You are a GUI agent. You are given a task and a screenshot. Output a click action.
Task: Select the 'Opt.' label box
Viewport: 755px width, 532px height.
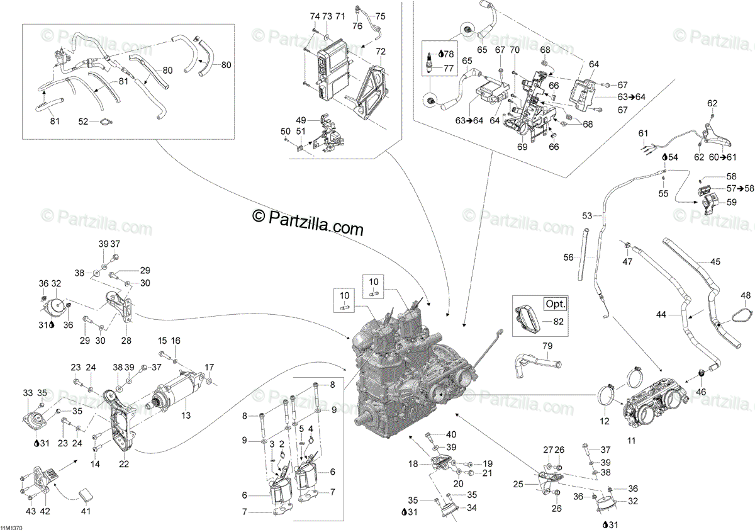pyautogui.click(x=555, y=303)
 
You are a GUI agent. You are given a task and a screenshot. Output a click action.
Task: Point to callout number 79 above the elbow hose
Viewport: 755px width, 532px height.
pyautogui.click(x=547, y=346)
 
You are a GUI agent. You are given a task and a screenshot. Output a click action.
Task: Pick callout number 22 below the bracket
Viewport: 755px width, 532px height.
pyautogui.click(x=123, y=465)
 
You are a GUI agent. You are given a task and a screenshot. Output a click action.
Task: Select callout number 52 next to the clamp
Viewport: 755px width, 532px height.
pyautogui.click(x=83, y=122)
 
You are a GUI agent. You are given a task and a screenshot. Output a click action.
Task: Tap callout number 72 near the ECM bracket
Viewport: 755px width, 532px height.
pyautogui.click(x=381, y=50)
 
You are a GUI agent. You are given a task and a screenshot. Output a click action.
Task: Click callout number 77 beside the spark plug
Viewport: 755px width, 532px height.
pyautogui.click(x=448, y=69)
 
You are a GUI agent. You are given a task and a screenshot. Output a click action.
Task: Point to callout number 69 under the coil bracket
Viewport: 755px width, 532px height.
pyautogui.click(x=522, y=147)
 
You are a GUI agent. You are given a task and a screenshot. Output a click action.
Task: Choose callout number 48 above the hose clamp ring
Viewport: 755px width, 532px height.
pyautogui.click(x=746, y=295)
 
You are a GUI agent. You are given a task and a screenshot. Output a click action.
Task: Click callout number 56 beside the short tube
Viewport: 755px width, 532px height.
pyautogui.click(x=569, y=257)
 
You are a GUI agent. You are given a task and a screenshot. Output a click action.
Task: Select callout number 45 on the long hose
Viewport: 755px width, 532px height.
pyautogui.click(x=715, y=261)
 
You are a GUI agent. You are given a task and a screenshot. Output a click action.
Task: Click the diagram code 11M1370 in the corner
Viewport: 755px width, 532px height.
pyautogui.click(x=12, y=527)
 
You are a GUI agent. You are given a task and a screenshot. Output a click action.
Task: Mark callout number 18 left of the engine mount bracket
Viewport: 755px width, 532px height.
pyautogui.click(x=412, y=464)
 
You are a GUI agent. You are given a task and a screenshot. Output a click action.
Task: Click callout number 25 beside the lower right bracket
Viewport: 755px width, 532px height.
pyautogui.click(x=518, y=484)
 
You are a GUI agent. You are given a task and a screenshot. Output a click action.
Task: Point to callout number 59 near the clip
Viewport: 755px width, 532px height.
pyautogui.click(x=731, y=202)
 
